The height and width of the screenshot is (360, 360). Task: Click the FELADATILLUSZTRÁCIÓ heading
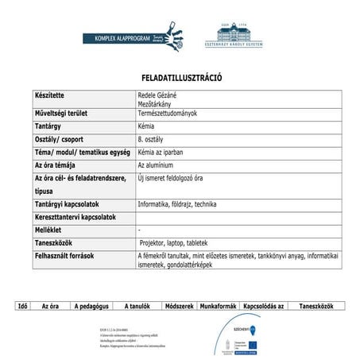[x=180, y=79]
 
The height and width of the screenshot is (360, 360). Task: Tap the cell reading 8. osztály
[x=150, y=139]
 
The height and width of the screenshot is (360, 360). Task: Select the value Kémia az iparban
[x=163, y=152]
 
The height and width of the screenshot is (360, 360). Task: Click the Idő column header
[x=24, y=306]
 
